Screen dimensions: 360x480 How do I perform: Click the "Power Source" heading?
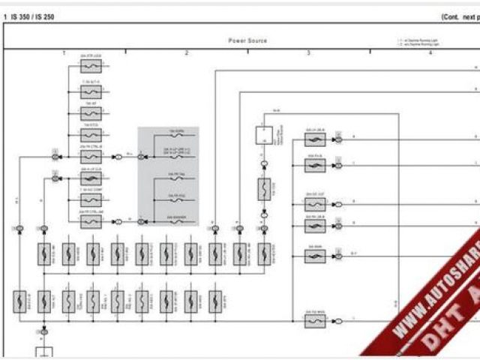click(247, 40)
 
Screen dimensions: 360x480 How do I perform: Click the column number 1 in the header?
click(64, 53)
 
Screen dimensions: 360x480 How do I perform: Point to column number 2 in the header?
click(186, 53)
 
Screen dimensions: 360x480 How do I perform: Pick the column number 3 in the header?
click(308, 53)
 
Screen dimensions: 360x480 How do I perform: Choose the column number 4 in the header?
click(430, 53)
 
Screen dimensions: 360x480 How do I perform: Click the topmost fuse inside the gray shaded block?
click(175, 136)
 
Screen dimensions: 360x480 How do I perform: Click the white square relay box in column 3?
click(263, 136)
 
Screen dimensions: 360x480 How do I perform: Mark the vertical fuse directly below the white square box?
click(263, 189)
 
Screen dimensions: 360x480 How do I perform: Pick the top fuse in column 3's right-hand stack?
click(315, 139)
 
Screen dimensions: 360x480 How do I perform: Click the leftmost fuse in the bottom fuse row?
click(19, 301)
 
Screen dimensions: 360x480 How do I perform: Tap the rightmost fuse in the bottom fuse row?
click(215, 301)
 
